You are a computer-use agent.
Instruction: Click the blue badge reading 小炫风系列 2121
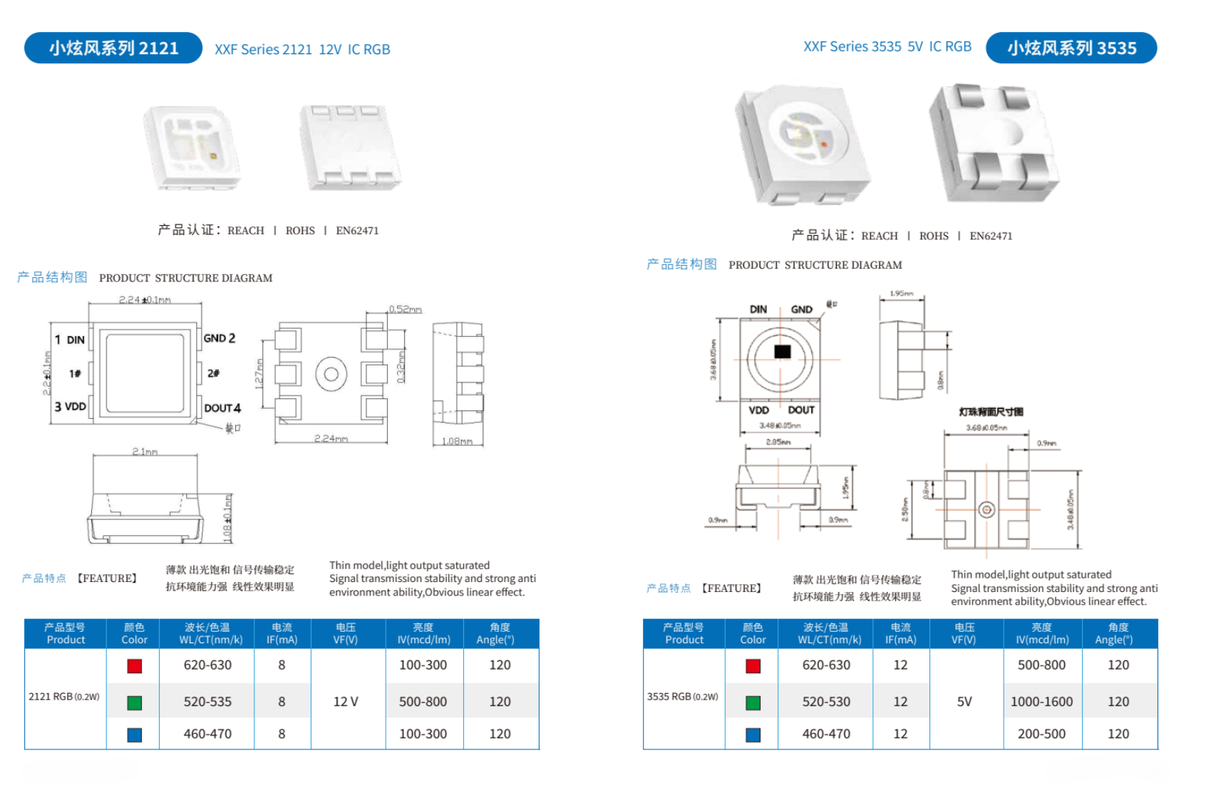[x=113, y=48]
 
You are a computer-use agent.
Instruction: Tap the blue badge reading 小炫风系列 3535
[x=1071, y=48]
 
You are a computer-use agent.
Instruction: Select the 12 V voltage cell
[x=346, y=702]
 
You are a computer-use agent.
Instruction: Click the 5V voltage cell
[x=964, y=702]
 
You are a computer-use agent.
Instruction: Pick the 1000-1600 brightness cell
[x=1041, y=702]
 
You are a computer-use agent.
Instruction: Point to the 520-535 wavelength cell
[x=207, y=702]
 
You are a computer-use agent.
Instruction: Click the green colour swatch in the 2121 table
[x=134, y=702]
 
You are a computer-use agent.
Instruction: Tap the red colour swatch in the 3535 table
[x=753, y=666]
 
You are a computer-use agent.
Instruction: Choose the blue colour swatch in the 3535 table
[x=753, y=734]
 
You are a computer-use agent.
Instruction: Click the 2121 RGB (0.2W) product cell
[x=64, y=697]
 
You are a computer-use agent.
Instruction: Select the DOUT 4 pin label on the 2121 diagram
[x=222, y=408]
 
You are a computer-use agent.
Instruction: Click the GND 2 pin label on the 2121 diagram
[x=220, y=338]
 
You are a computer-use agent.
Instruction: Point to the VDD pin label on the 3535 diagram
[x=758, y=410]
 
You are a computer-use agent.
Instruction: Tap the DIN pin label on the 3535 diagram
[x=758, y=310]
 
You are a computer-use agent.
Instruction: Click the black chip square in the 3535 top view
[x=783, y=352]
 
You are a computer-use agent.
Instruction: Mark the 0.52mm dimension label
[x=405, y=309]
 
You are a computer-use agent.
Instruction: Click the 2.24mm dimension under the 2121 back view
[x=331, y=439]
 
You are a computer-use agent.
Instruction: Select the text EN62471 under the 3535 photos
[x=991, y=236]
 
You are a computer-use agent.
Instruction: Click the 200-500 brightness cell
[x=1041, y=734]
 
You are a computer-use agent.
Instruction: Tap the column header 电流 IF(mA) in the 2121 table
[x=282, y=633]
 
